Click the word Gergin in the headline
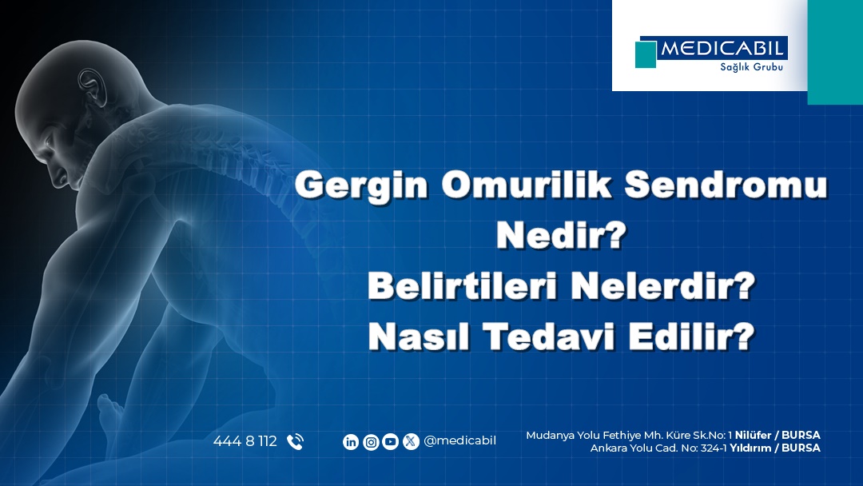click(361, 185)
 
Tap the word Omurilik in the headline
click(526, 184)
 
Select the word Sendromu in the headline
click(726, 184)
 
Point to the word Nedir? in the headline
click(562, 235)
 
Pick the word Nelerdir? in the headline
click(662, 286)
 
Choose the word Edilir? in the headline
click(692, 337)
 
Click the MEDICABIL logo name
click(722, 49)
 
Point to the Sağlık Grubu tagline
click(751, 66)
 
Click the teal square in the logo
click(646, 54)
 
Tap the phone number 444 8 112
click(245, 441)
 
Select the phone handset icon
click(295, 442)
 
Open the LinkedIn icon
click(351, 442)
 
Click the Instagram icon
click(371, 442)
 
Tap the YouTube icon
click(390, 442)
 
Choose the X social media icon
click(411, 442)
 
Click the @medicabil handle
click(459, 441)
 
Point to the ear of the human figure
click(92, 87)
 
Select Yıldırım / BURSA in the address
click(775, 448)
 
